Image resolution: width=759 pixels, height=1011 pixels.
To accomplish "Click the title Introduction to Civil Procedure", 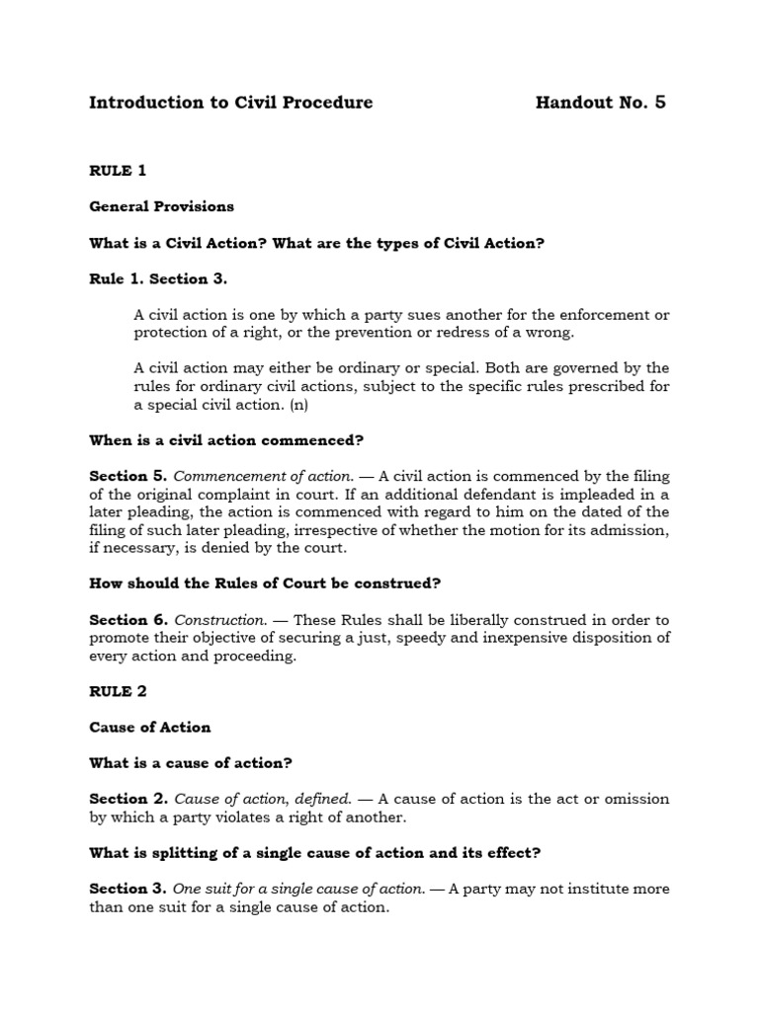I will point(231,103).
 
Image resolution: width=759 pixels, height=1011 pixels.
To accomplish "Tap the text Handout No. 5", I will point(600,103).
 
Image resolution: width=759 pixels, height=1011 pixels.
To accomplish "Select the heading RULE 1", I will point(118,171).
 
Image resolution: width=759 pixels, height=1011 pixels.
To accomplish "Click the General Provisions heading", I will point(162,206).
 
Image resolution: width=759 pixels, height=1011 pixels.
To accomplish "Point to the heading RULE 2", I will point(118,691).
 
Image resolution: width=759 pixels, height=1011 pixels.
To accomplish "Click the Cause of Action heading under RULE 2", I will point(150,727).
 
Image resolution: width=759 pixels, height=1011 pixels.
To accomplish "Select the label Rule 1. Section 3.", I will point(158,278).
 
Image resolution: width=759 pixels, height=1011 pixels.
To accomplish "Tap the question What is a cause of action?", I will point(191,762).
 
